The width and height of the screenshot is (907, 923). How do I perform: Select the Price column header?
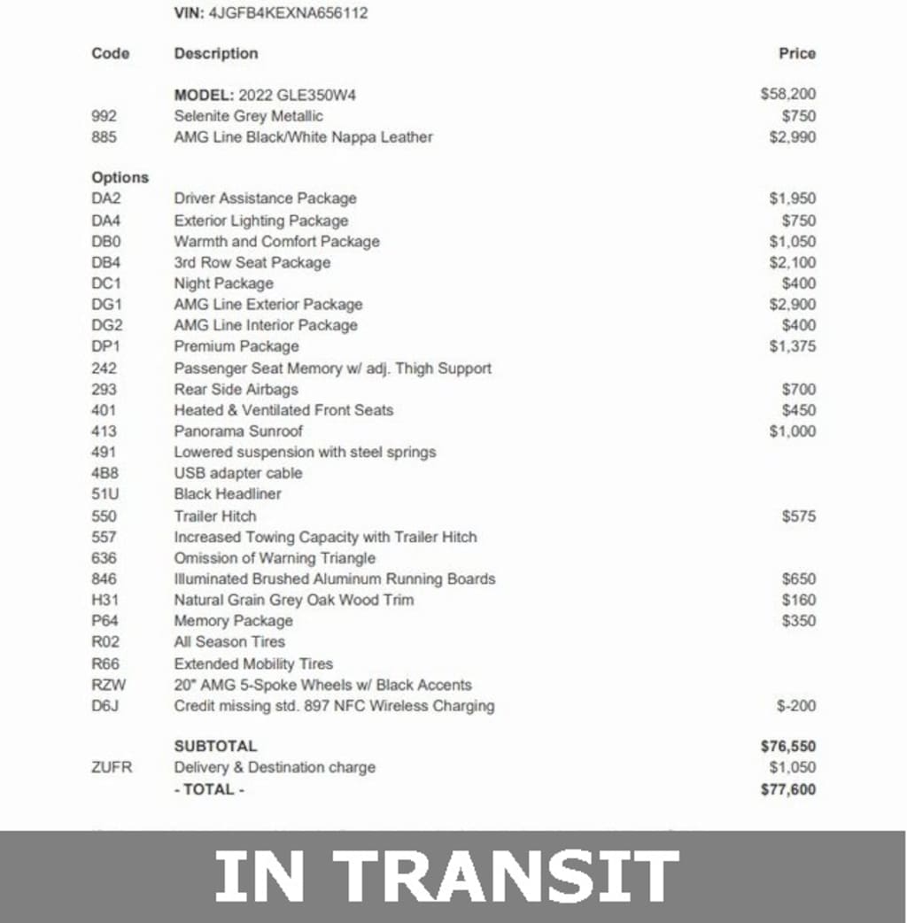click(796, 53)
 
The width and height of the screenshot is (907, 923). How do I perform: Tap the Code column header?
click(110, 53)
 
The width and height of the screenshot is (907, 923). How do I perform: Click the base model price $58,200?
click(788, 94)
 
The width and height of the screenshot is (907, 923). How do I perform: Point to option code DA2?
click(106, 198)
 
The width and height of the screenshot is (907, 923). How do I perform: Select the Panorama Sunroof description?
click(238, 431)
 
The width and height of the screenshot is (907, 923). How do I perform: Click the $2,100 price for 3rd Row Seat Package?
click(793, 262)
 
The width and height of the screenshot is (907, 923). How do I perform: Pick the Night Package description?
click(223, 283)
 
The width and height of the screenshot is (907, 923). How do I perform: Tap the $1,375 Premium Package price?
click(793, 346)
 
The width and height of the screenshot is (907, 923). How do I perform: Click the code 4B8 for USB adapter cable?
click(104, 473)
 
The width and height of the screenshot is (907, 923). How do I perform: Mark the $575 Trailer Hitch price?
click(799, 516)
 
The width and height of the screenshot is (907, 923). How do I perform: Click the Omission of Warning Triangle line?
click(275, 558)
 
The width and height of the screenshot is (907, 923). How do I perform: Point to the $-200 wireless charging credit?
click(796, 706)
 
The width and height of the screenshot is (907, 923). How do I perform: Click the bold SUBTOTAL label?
click(215, 746)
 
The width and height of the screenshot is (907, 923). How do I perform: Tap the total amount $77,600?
click(788, 789)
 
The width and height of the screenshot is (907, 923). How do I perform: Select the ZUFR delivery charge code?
click(112, 767)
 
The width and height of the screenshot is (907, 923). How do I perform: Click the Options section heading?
click(120, 177)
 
